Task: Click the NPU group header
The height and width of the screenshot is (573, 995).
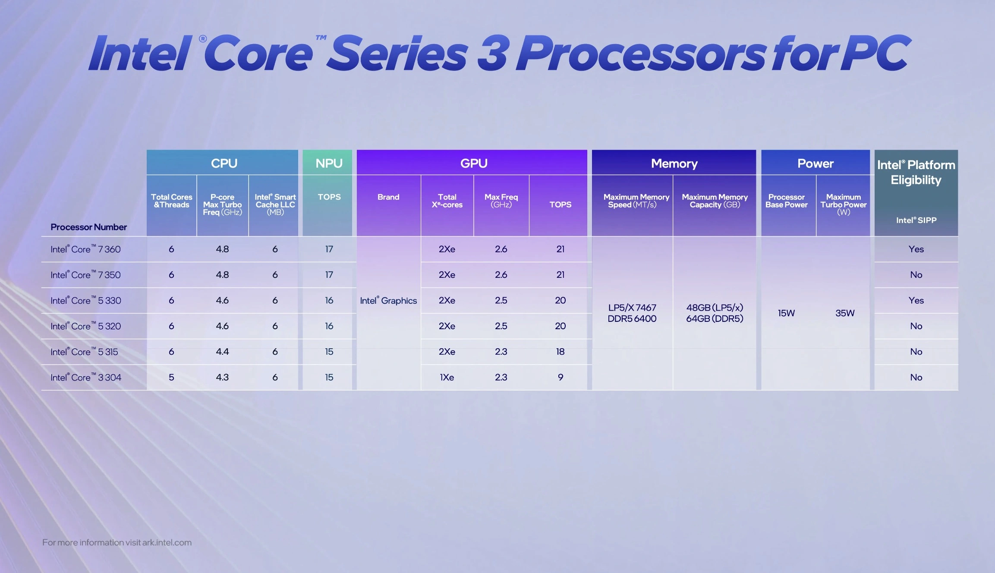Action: coord(329,163)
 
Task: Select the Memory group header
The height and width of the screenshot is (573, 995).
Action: coord(674,163)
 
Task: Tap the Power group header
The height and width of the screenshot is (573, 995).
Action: coord(815,163)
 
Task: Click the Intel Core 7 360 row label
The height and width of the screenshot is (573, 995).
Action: coord(85,249)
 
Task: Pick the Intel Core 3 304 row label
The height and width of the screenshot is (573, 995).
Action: coord(86,377)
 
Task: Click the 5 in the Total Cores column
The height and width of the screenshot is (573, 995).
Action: coord(171,377)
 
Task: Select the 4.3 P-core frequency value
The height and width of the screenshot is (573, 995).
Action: coord(222,377)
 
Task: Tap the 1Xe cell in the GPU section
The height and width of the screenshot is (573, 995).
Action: coord(447,377)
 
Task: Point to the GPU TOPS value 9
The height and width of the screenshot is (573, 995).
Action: coord(560,377)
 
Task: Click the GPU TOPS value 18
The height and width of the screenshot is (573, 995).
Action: coord(560,352)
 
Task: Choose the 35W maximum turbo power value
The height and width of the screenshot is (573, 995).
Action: coord(844,313)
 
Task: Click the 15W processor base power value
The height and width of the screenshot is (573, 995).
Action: coord(786,313)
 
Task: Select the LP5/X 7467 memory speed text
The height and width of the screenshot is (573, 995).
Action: coord(632,308)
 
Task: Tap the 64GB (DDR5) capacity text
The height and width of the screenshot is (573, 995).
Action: coord(715,318)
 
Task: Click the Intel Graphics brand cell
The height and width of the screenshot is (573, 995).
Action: coord(388,300)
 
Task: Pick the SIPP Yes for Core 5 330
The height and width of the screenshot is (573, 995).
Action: coord(916,300)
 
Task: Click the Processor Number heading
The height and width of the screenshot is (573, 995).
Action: coord(88,227)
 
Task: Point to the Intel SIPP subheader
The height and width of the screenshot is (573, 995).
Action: coord(916,220)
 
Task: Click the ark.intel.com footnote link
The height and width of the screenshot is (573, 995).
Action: coord(167,542)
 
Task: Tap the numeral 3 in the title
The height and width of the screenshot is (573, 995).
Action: coord(493,54)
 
